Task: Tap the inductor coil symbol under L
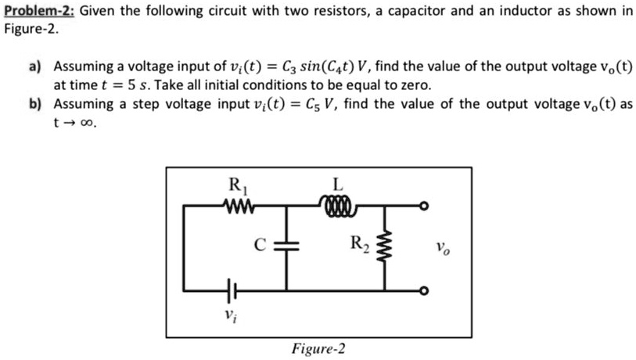pos(337,207)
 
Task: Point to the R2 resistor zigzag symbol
pos(383,248)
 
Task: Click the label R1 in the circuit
pos(235,187)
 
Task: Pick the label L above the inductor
pos(337,185)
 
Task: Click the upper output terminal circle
pos(423,207)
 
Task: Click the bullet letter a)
pos(36,68)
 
